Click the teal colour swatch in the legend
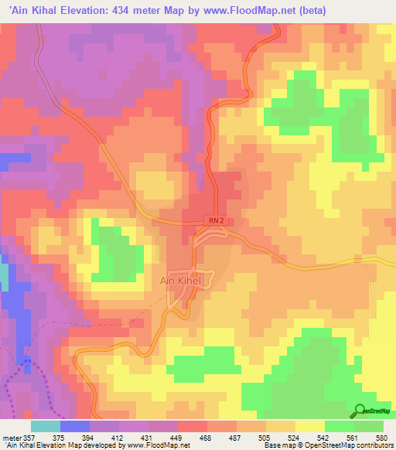(46, 426)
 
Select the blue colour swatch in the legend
(75, 426)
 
